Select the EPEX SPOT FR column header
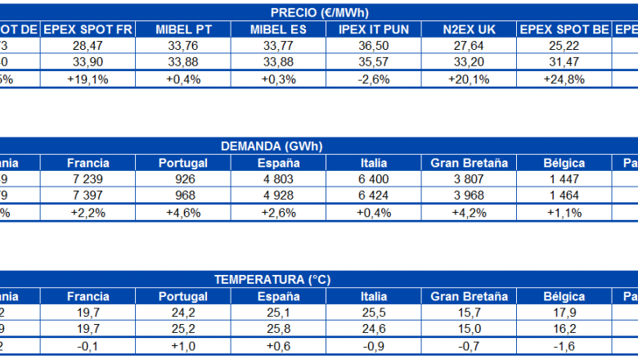(88, 29)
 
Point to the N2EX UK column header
(469, 29)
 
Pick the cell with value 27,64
(469, 47)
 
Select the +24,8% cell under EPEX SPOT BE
(564, 79)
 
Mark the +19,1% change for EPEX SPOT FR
(88, 79)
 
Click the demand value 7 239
(88, 179)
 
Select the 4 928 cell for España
(279, 196)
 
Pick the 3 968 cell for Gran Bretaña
(469, 196)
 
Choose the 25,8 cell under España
(279, 329)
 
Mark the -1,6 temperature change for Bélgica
(564, 346)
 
